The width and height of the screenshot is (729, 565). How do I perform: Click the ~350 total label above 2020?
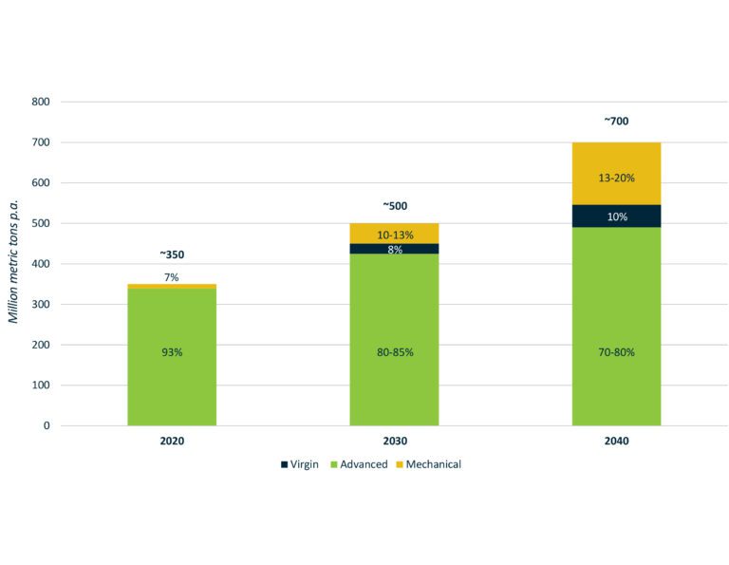(x=172, y=255)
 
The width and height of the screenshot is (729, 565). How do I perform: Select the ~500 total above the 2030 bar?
(x=394, y=206)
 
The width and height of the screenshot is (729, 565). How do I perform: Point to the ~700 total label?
(x=616, y=122)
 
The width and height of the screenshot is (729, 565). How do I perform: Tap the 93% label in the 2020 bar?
(x=172, y=352)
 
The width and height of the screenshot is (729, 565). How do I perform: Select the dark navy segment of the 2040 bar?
(x=616, y=217)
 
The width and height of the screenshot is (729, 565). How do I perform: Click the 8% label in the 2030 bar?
(x=394, y=250)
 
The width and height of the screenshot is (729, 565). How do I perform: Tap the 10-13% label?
(x=394, y=235)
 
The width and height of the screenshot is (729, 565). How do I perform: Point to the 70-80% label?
(x=616, y=352)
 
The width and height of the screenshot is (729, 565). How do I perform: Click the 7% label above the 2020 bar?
(x=172, y=276)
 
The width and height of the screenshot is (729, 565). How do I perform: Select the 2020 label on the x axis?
(x=172, y=443)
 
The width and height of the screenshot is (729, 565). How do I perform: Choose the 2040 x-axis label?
(x=616, y=443)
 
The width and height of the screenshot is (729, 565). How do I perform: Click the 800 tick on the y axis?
(x=42, y=102)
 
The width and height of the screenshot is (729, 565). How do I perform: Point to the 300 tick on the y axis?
(x=42, y=305)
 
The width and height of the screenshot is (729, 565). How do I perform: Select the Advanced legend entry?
(x=360, y=464)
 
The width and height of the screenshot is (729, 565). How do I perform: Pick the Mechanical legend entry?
(x=429, y=464)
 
